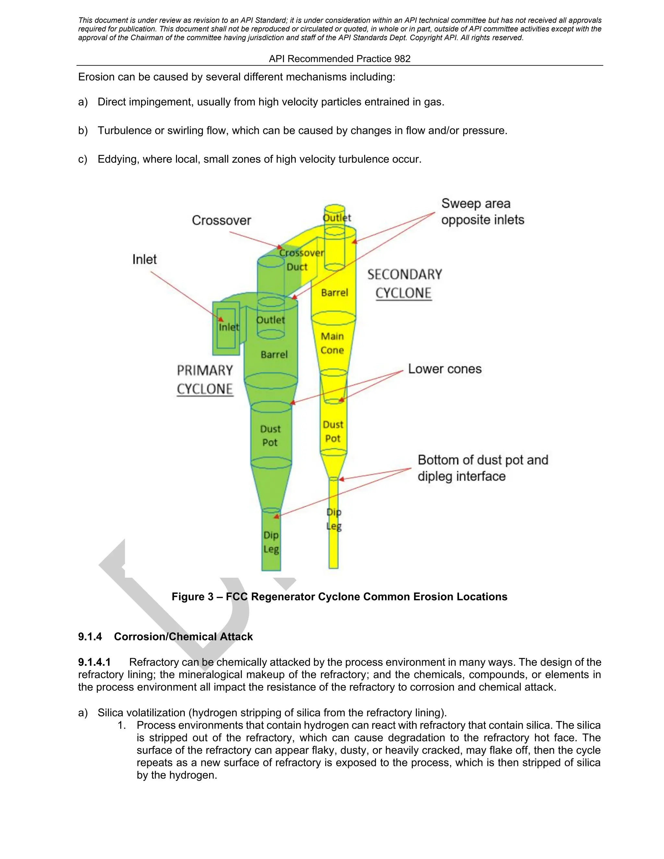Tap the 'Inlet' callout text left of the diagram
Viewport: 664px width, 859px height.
(144, 260)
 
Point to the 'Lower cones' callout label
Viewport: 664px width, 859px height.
(445, 369)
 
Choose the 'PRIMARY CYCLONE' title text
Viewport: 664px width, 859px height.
(205, 380)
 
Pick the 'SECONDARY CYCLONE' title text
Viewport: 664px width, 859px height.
(404, 284)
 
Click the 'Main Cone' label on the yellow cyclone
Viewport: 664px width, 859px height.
(332, 343)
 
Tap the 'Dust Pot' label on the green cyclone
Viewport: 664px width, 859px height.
(270, 435)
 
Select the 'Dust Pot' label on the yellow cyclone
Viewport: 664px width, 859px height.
(333, 431)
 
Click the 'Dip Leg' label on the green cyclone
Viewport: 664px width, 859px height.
(271, 542)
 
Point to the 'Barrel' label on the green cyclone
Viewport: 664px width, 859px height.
(274, 355)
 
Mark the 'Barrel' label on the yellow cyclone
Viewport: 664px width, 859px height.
(334, 293)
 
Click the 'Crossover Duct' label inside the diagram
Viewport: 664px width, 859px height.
(301, 260)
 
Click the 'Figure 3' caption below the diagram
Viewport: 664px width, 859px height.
(339, 597)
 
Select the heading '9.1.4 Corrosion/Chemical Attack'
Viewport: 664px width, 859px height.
(165, 637)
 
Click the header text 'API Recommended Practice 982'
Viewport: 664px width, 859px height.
(339, 59)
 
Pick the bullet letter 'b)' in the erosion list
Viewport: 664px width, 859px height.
(83, 131)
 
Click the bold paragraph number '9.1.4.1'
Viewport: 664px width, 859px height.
(94, 662)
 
